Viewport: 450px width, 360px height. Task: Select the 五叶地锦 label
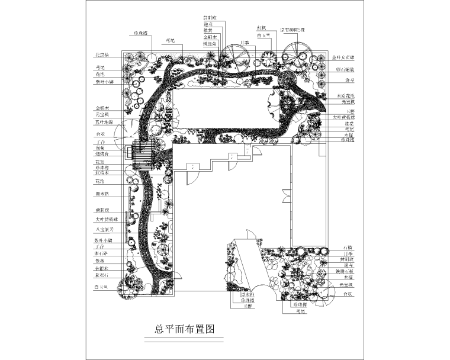point(104,123)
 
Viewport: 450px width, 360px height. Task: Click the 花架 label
point(99,161)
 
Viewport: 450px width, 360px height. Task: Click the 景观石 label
point(102,275)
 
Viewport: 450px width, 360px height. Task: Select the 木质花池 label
point(346,95)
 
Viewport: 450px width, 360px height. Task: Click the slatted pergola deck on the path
point(142,156)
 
